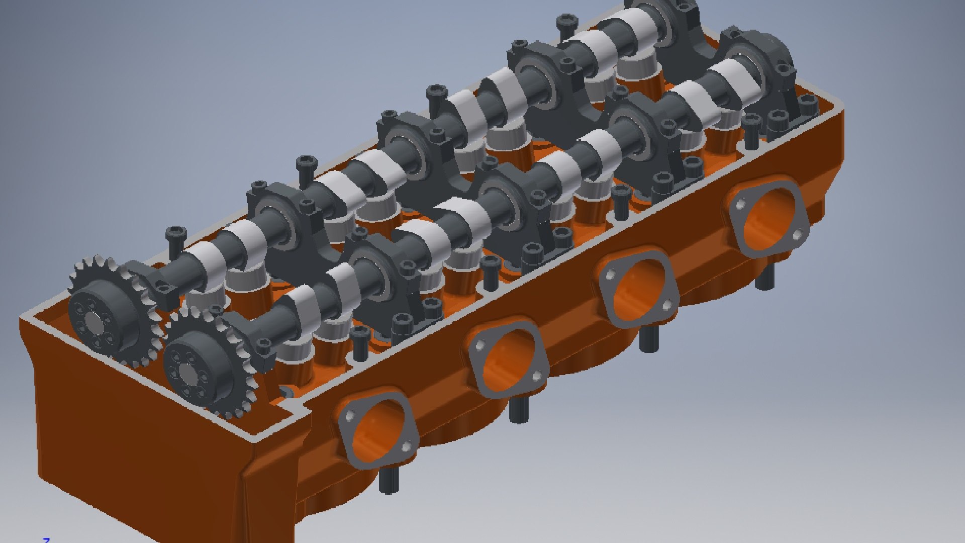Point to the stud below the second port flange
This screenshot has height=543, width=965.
click(x=519, y=410)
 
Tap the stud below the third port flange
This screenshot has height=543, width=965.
click(x=648, y=339)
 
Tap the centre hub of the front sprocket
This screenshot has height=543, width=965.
click(x=188, y=373)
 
